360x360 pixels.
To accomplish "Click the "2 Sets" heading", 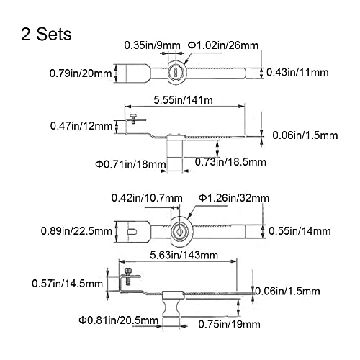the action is point(46,34).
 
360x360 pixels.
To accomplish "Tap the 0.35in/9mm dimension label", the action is point(152,45).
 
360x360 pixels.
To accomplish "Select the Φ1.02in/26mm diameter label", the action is point(223,45).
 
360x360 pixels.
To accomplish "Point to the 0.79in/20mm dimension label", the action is point(81,73).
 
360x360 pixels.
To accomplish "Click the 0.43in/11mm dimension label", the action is point(297,72).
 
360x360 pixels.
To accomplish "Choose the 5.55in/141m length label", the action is point(183,100).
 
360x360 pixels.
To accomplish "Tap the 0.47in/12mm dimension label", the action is point(81,126).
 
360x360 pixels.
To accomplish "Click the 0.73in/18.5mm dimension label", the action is point(230,162).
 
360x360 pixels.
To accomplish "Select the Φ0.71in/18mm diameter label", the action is point(130,165).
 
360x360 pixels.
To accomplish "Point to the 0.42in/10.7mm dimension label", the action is point(147,198).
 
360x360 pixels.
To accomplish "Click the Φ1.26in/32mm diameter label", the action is point(234,198).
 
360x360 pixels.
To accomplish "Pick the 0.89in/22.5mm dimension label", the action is point(76,231).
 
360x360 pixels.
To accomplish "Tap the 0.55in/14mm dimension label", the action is point(300,231).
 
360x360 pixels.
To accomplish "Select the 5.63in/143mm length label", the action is point(184,255).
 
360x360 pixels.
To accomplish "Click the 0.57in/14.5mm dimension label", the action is point(67,284).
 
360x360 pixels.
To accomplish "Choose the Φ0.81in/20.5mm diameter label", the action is point(119,320).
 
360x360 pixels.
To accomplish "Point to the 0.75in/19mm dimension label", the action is point(229,325).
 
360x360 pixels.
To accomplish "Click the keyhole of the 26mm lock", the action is point(176,72).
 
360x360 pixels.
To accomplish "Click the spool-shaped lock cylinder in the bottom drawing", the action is point(171,308).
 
